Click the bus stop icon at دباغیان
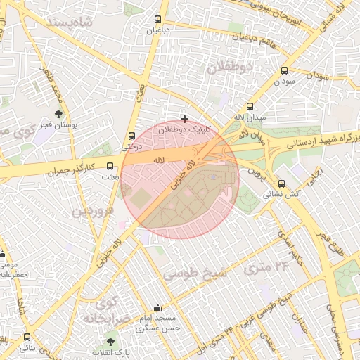coord(156,20)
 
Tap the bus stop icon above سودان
coord(284,71)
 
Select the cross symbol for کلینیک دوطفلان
coord(185,119)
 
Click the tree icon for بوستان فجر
coord(58,114)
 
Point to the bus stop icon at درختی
coord(132,136)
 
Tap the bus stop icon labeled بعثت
coord(109,167)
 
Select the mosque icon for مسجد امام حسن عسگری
coord(157,307)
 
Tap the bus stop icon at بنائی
coord(27,337)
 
